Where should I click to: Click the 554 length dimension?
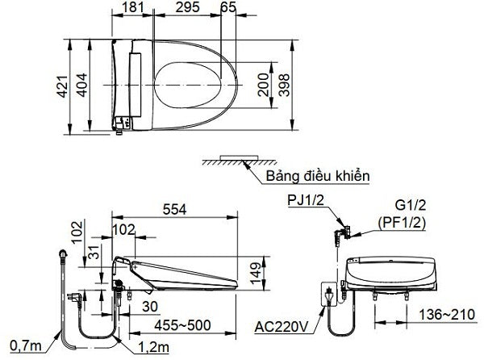174,209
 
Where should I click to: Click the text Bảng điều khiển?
317,176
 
